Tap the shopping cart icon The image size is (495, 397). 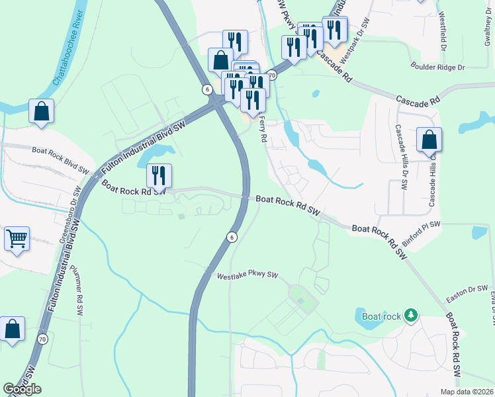tap(17, 238)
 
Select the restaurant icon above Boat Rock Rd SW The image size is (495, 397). tap(159, 175)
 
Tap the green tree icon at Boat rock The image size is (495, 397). tap(411, 316)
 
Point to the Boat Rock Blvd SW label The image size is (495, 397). tap(60, 159)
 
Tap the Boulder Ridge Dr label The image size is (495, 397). tap(438, 67)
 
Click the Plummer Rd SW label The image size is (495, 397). tap(75, 288)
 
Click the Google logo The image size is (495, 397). tap(22, 389)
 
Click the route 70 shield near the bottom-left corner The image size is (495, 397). tap(43, 339)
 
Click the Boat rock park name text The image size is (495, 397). tap(382, 316)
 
